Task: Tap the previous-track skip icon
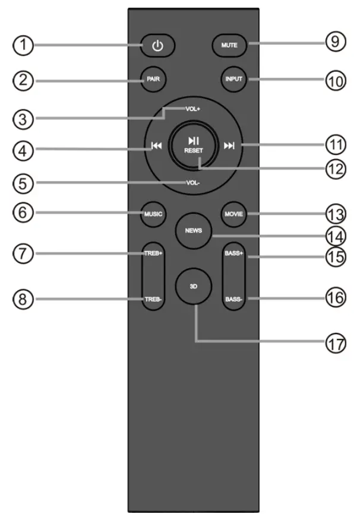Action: click(157, 145)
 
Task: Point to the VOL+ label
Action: click(192, 109)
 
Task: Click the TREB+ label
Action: click(153, 253)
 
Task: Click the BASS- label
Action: click(233, 300)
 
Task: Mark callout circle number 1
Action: click(22, 46)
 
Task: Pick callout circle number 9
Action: click(335, 43)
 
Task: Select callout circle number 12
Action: click(334, 169)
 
